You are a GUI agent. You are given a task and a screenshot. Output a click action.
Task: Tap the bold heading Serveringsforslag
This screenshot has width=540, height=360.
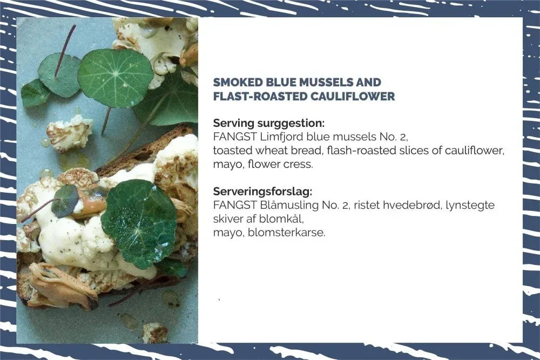click(x=263, y=192)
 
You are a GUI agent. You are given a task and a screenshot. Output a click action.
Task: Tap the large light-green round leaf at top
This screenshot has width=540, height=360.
click(x=116, y=78)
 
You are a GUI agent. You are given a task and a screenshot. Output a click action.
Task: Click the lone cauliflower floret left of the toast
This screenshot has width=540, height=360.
click(x=70, y=133)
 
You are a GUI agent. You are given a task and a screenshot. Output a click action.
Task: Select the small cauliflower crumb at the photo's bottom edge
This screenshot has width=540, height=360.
click(x=156, y=332)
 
